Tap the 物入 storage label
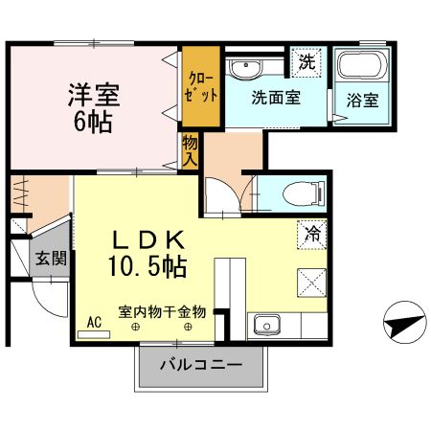(x=190, y=151)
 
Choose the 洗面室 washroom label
(x=276, y=97)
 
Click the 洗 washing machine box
(x=306, y=63)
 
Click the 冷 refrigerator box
(x=313, y=231)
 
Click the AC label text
(x=94, y=323)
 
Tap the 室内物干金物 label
(x=162, y=311)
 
